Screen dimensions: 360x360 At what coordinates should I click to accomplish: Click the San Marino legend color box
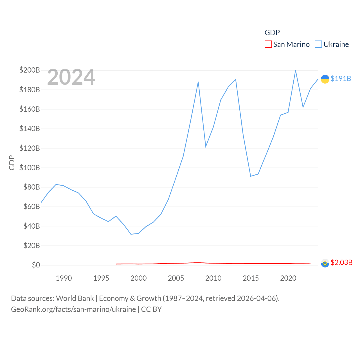click(268, 44)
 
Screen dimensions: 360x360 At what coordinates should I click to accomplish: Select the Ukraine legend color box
click(318, 44)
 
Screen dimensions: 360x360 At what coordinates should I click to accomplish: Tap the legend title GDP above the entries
click(272, 33)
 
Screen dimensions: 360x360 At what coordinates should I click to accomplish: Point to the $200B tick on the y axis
click(30, 70)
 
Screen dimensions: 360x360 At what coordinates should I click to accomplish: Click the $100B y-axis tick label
click(30, 168)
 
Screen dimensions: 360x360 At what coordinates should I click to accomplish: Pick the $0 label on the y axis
click(36, 265)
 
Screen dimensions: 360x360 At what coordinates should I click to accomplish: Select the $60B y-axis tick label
click(30, 206)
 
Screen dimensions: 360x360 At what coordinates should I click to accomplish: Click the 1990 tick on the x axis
click(64, 278)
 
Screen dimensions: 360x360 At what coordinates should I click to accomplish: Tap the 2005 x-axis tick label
click(176, 278)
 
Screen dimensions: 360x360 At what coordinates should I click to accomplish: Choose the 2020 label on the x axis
click(288, 278)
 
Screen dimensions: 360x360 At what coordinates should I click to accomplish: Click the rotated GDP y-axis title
click(12, 163)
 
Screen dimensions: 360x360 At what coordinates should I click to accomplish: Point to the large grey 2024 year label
click(71, 77)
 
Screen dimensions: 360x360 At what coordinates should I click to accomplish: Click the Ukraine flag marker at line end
click(325, 79)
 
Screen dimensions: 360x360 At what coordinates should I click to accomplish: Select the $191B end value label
click(341, 78)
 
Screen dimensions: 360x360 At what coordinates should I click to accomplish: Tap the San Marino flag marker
click(325, 263)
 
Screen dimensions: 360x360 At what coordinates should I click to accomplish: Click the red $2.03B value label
click(341, 262)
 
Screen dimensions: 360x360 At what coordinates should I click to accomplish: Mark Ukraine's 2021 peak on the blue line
click(295, 71)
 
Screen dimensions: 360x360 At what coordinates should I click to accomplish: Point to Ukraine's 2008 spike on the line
click(198, 82)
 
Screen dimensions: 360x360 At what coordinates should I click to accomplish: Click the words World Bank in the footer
click(75, 298)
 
